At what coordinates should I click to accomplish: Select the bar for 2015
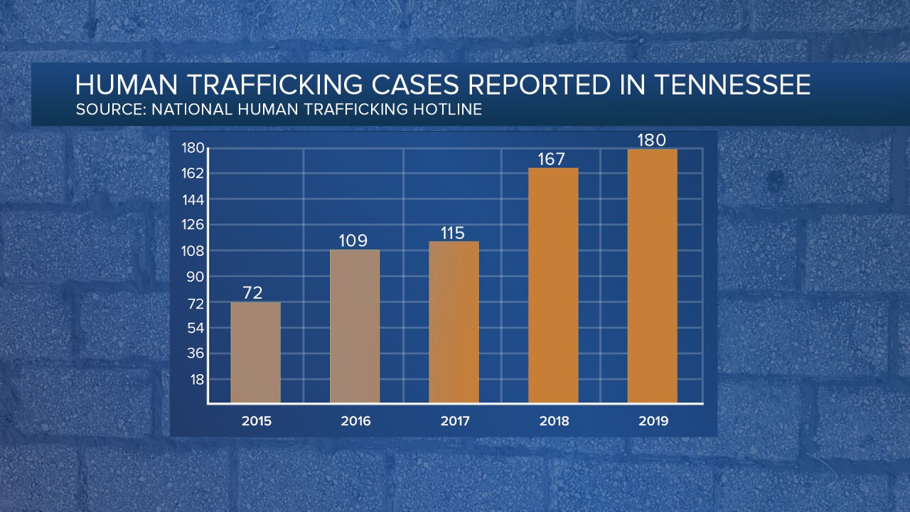point(255,353)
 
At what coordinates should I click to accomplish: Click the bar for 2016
point(355,327)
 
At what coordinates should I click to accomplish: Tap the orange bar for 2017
point(454,323)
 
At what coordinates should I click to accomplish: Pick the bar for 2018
point(553,286)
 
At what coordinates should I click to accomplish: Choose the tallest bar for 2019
point(652,277)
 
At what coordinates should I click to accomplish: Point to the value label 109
point(353,240)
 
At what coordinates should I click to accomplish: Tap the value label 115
point(452,233)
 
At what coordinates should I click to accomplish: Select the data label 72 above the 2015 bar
point(254,292)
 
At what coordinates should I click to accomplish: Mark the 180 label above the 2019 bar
point(652,139)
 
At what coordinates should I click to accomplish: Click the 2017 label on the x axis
point(454,421)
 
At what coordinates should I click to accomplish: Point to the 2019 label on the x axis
point(653,421)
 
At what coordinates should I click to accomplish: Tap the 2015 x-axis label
point(256,421)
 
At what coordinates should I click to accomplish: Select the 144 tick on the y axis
point(194,199)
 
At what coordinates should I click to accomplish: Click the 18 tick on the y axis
point(197,379)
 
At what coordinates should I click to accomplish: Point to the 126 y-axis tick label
point(194,225)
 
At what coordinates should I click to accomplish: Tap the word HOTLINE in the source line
point(447,110)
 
